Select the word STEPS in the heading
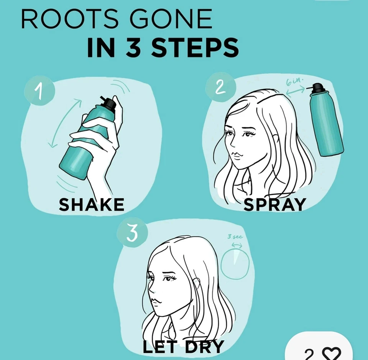[x=195, y=48]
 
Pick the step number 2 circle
[x=219, y=88]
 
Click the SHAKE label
[x=91, y=205]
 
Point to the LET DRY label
[x=183, y=347]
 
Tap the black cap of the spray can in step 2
[x=318, y=88]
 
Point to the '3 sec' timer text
[x=235, y=237]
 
